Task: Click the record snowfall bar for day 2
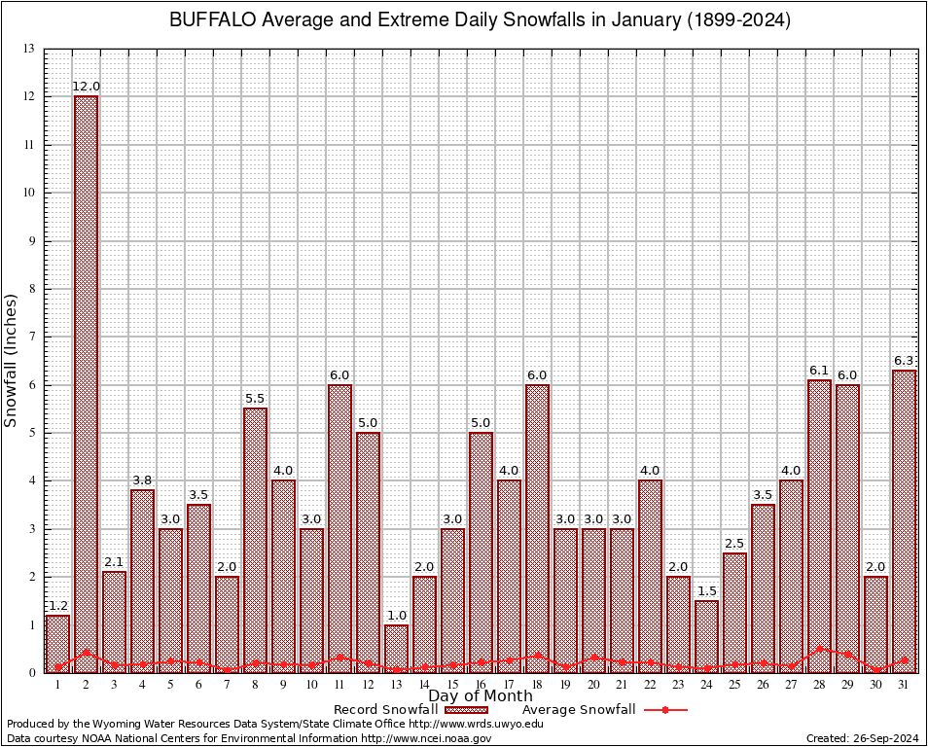86,384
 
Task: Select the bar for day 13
396,648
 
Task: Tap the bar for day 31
904,520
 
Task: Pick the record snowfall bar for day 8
255,540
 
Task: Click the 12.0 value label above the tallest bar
86,87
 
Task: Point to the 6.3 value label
904,361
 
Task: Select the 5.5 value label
255,399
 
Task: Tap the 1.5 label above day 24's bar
706,591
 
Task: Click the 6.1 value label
819,371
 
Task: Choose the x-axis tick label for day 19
565,685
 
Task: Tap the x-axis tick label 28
819,685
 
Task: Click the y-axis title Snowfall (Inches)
12,360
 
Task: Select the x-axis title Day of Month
480,695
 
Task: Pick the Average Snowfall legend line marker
665,710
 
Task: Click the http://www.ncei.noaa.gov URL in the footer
426,738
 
